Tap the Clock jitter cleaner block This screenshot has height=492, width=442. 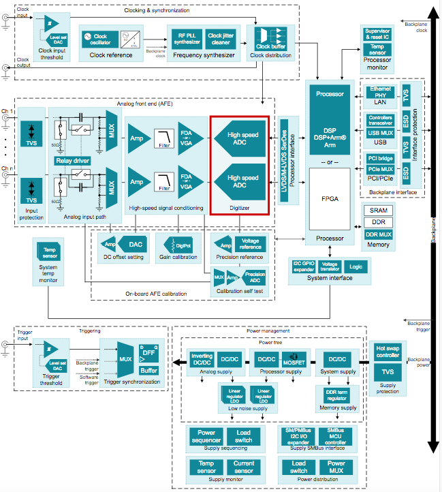tap(220, 40)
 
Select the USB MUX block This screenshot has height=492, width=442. tap(379, 132)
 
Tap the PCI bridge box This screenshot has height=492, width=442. tap(379, 159)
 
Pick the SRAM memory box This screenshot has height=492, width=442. tap(378, 211)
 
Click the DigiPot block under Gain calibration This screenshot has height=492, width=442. tap(176, 243)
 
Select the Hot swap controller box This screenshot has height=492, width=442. tap(388, 351)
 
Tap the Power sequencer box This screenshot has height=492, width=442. tap(206, 436)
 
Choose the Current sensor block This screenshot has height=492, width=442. tap(243, 467)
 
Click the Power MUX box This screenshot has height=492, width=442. tap(335, 467)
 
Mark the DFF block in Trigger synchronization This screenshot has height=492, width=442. tap(148, 352)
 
